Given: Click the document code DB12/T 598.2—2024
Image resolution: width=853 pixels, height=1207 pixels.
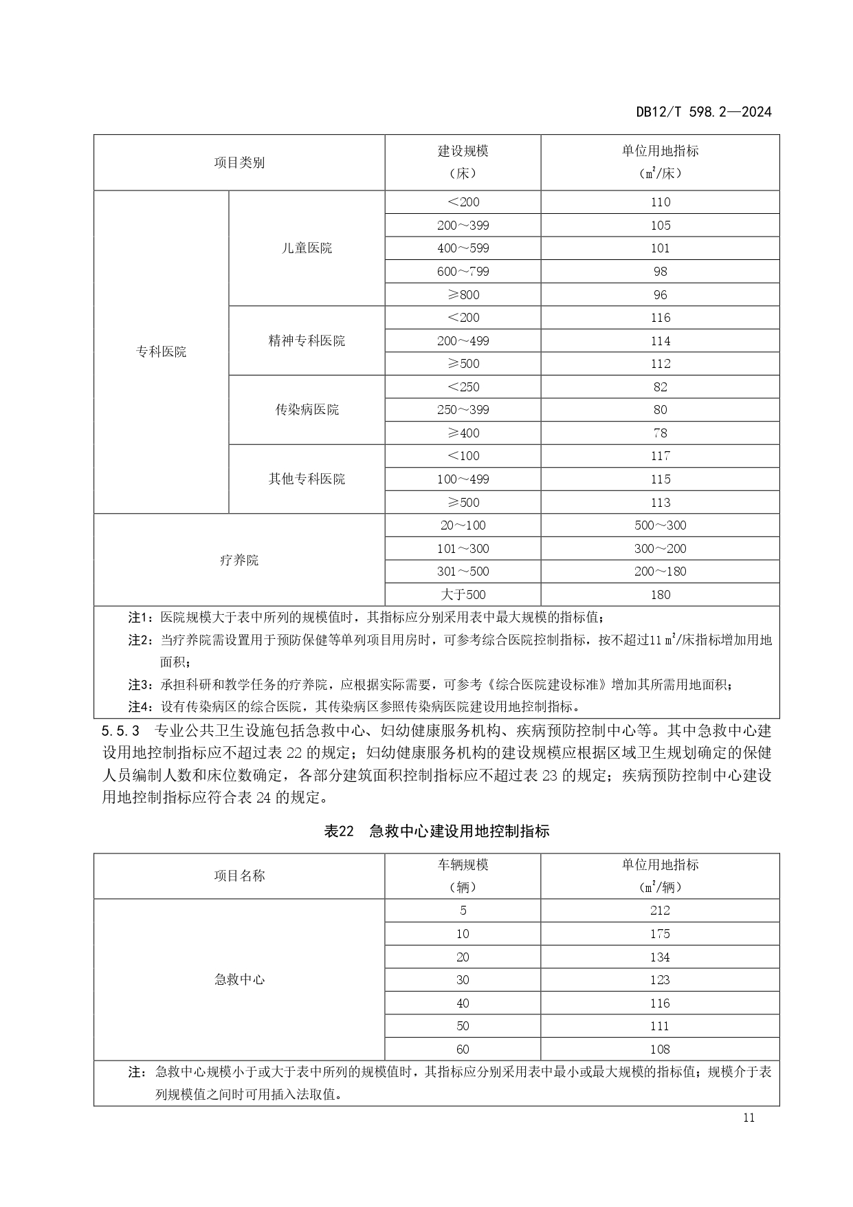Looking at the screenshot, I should [x=703, y=111].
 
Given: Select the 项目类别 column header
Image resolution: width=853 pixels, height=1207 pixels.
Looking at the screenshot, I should [x=239, y=163].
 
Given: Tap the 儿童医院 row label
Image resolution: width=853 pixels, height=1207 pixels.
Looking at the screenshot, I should [x=307, y=248].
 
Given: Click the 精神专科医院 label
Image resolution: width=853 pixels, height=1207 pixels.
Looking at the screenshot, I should [x=307, y=340].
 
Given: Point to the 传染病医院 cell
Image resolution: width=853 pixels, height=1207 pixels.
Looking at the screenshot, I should [x=307, y=410].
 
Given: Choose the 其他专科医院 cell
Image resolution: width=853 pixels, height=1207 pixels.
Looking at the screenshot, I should [x=307, y=479].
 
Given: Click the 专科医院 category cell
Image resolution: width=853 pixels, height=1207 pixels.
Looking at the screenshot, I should [x=161, y=351].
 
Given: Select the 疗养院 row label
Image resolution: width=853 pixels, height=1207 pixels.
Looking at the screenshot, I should [x=239, y=560].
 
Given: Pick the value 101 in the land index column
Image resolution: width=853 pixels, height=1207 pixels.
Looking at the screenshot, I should [x=660, y=248].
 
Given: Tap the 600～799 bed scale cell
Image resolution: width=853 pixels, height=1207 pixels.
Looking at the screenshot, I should [x=463, y=272].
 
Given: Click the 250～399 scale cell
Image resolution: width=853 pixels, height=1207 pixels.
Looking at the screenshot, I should [x=463, y=410].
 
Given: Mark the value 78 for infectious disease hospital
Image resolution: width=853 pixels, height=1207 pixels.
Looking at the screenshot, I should [x=660, y=433].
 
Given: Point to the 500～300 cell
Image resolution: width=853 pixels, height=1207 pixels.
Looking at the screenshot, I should [x=660, y=525].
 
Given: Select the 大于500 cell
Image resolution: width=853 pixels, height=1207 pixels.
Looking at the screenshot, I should [x=463, y=594].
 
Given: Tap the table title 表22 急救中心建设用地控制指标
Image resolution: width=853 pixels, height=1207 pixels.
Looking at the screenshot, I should [x=436, y=831].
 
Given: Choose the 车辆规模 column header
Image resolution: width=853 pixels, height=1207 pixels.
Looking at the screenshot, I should [x=463, y=865].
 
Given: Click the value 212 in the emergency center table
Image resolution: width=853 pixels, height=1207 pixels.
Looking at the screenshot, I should [x=660, y=911].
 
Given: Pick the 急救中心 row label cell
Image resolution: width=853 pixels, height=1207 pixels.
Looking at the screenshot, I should [x=239, y=979].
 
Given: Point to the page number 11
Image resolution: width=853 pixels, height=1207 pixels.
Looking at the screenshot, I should [x=749, y=1118].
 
